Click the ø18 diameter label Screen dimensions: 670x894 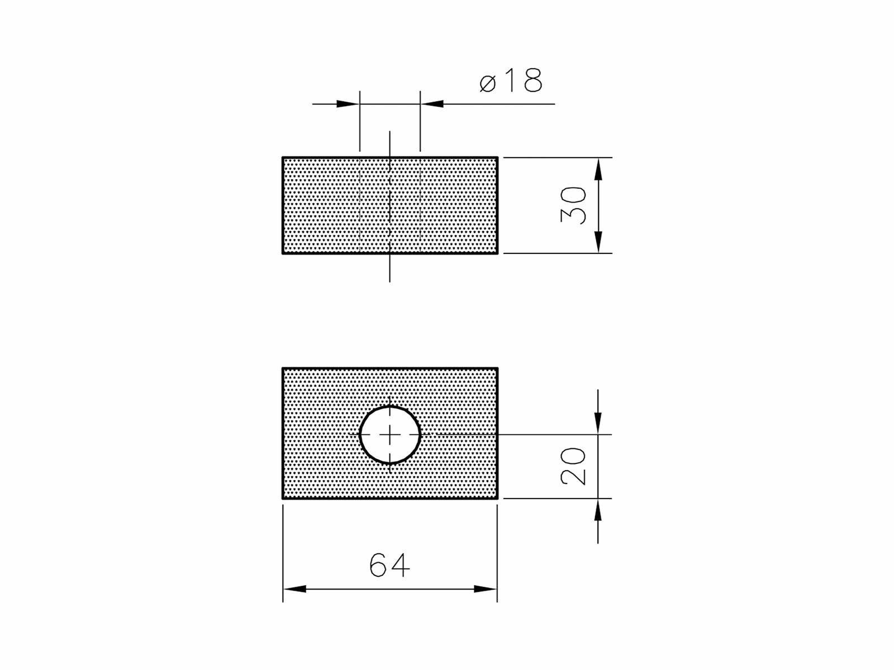[x=511, y=82]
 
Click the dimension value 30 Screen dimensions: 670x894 [x=574, y=205]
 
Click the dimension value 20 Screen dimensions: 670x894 [x=574, y=466]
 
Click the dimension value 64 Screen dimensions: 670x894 [x=389, y=565]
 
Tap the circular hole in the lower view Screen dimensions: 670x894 [x=389, y=434]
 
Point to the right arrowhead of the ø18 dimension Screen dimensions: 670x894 [x=432, y=104]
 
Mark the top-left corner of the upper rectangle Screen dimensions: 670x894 [x=283, y=157]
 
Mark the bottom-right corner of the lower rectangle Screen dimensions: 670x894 [x=497, y=498]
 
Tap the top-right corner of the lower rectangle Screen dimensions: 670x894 [x=497, y=368]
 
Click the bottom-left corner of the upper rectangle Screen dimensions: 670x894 [x=283, y=253]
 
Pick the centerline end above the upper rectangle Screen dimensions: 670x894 [x=389, y=132]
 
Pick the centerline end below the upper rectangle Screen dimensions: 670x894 [x=389, y=281]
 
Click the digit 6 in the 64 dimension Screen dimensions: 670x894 [x=378, y=565]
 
